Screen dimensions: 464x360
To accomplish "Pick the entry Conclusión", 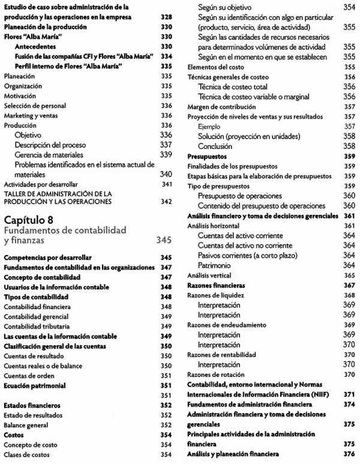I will click(215, 146).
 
